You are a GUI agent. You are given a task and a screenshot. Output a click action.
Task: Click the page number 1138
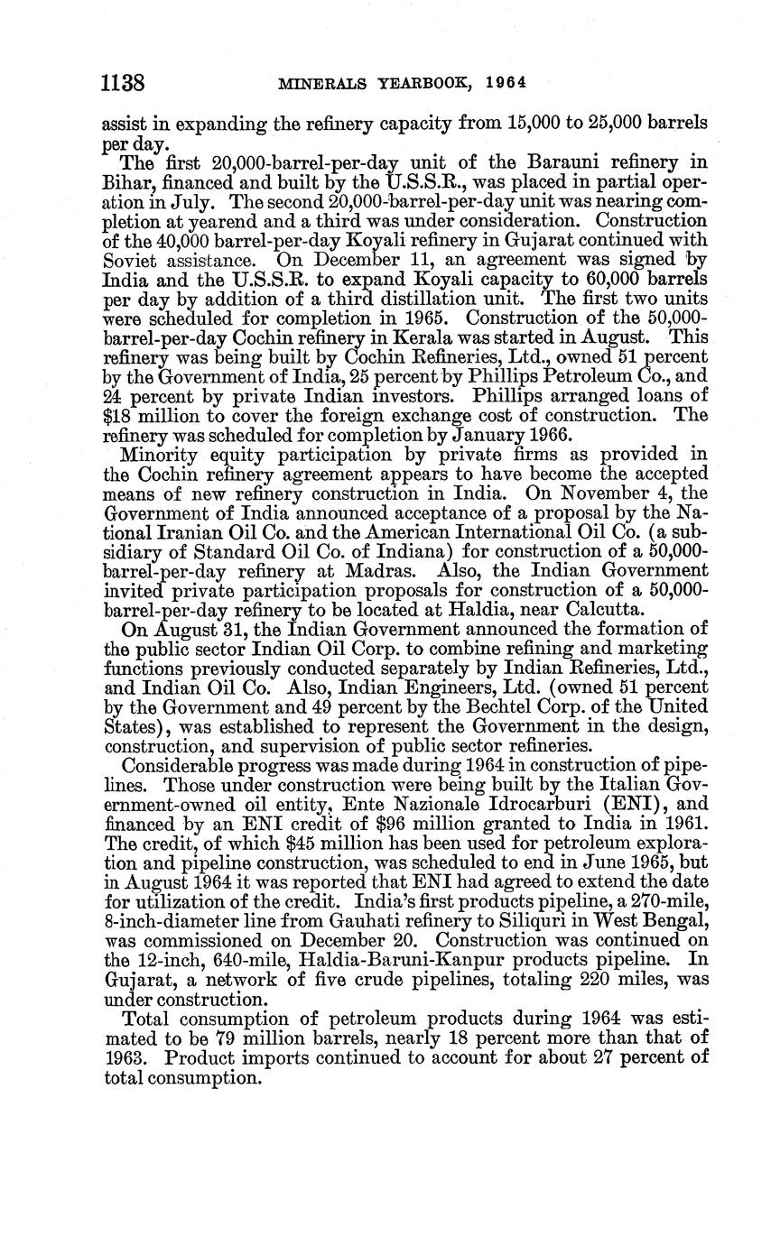pos(125,83)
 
